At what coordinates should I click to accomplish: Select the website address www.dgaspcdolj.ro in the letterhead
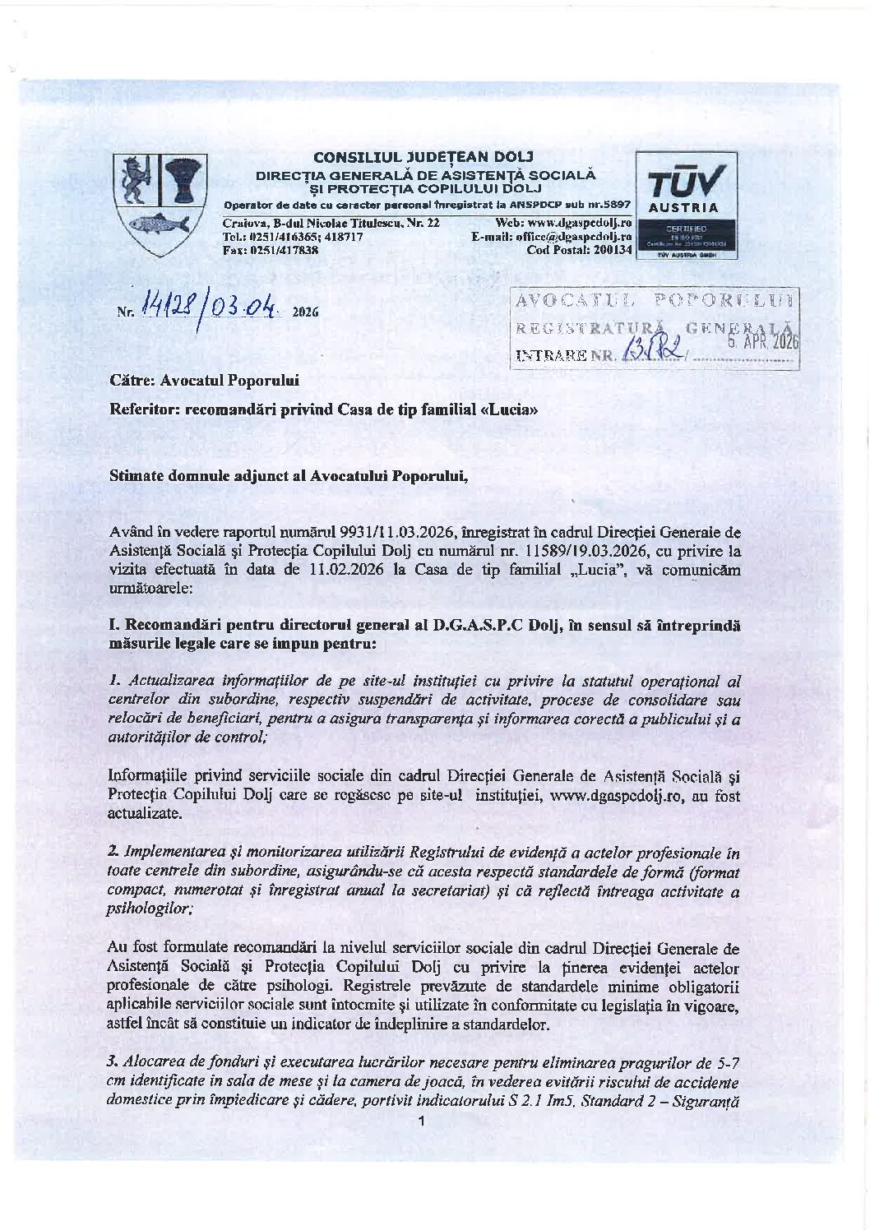point(578,224)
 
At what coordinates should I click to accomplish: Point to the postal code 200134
point(605,250)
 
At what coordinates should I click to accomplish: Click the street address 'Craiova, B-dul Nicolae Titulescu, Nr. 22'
point(331,224)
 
